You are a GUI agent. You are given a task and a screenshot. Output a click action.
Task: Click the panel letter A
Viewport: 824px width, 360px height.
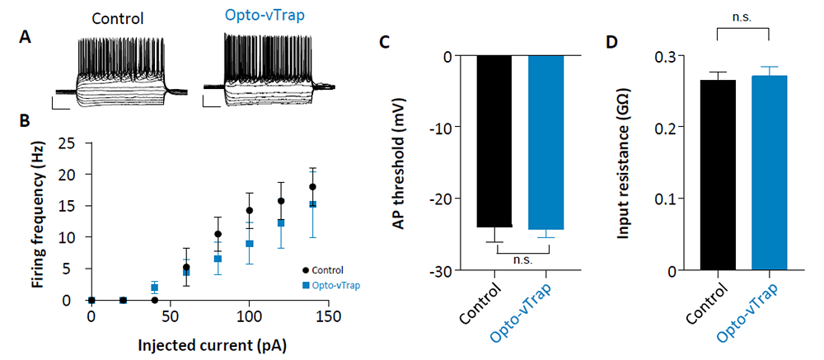pos(26,38)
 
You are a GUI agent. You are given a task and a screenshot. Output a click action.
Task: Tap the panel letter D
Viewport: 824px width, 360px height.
pos(611,43)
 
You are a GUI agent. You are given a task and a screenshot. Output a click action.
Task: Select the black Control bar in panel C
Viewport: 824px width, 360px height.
pos(494,142)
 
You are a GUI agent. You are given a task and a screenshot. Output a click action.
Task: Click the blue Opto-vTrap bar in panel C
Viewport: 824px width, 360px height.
pos(546,143)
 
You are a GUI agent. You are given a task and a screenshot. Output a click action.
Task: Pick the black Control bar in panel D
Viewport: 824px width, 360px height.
pos(718,175)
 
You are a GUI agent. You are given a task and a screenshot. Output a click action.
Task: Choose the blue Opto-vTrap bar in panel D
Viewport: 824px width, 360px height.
pos(770,173)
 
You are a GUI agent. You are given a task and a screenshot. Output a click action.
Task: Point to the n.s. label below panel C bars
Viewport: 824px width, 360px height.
pos(522,259)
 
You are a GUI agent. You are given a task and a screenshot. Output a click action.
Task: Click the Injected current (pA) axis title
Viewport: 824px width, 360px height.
pos(213,346)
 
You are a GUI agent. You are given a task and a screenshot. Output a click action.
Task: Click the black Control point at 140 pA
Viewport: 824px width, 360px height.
pos(312,186)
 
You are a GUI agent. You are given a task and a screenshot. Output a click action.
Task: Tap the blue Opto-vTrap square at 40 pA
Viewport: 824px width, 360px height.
pos(155,288)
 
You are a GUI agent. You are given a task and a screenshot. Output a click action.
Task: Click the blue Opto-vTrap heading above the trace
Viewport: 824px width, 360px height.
pos(265,16)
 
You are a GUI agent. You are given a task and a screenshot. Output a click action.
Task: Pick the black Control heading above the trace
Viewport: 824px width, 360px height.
pos(118,19)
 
